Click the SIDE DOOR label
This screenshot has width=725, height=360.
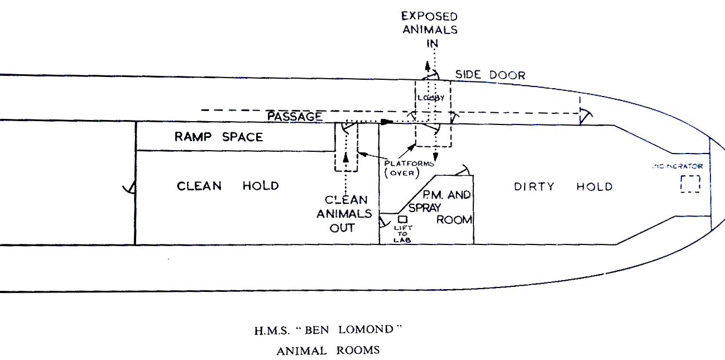490,75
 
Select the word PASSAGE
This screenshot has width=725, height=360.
295,117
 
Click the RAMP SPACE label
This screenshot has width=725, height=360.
218,137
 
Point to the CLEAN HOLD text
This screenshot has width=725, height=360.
227,186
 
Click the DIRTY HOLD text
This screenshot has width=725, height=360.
563,186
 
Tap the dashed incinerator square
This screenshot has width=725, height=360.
690,184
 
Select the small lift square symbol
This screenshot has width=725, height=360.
402,219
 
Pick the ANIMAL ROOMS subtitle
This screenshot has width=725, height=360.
328,351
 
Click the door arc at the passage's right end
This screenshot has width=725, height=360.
585,116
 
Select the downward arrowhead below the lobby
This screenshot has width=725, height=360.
435,157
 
